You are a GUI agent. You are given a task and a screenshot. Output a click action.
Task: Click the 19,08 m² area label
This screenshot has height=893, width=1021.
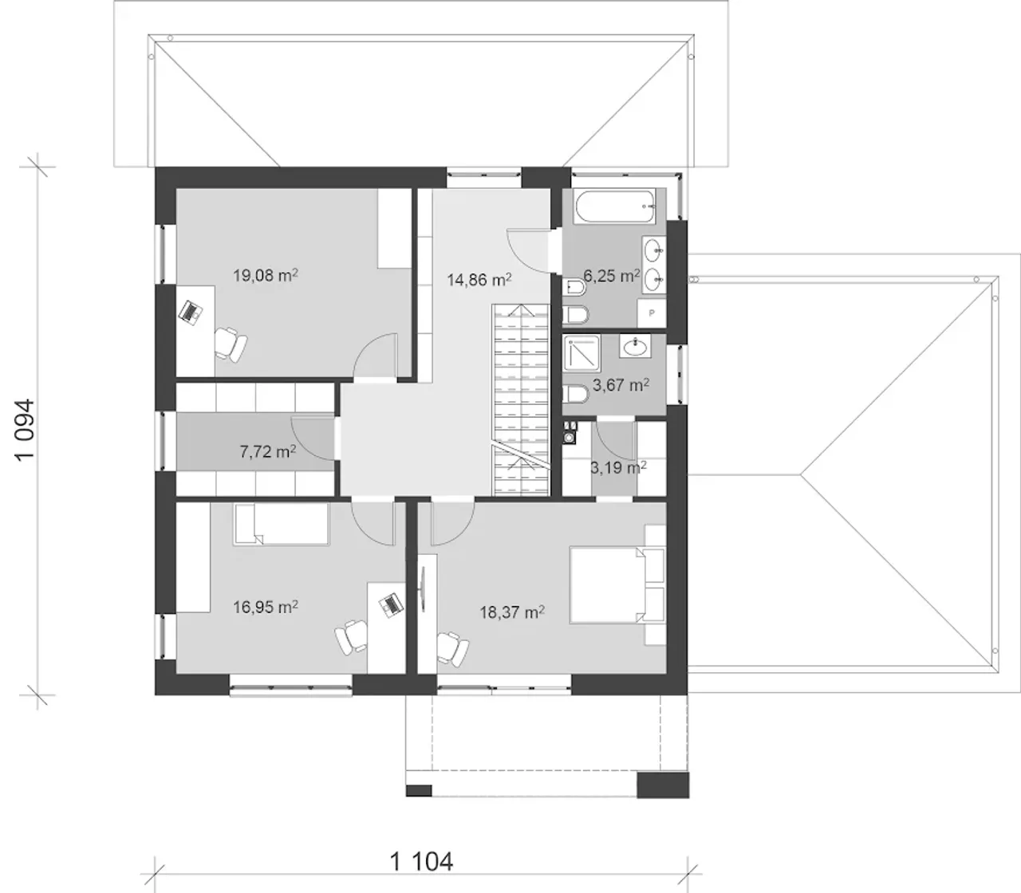pyautogui.click(x=266, y=275)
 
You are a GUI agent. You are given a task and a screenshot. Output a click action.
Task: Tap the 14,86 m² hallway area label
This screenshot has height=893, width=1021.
pyautogui.click(x=479, y=279)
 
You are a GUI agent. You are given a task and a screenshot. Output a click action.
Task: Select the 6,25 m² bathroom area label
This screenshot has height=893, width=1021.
pyautogui.click(x=612, y=275)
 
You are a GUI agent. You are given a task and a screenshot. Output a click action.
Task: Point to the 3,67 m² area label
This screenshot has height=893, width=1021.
pyautogui.click(x=621, y=384)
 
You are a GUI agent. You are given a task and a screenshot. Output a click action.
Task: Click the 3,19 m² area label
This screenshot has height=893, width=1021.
pyautogui.click(x=619, y=467)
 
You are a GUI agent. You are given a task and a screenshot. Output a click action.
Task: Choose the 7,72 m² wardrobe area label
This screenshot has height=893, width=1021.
pyautogui.click(x=268, y=451)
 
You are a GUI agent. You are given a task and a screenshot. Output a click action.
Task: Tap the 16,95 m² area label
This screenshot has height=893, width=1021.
pyautogui.click(x=266, y=607)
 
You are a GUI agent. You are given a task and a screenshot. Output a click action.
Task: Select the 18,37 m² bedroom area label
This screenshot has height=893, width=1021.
pyautogui.click(x=512, y=612)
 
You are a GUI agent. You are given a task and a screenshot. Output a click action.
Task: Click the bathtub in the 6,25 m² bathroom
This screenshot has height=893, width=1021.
pyautogui.click(x=616, y=207)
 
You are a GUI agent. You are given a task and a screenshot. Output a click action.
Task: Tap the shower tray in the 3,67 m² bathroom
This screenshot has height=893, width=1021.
pyautogui.click(x=581, y=354)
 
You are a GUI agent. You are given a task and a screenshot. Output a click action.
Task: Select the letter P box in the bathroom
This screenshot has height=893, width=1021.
pyautogui.click(x=652, y=313)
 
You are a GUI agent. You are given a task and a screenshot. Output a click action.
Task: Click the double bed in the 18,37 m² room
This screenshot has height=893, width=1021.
pyautogui.click(x=617, y=585)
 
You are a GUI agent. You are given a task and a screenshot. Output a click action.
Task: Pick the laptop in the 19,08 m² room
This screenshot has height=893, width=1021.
pyautogui.click(x=191, y=313)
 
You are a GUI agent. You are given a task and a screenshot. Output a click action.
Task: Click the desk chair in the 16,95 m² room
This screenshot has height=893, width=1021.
pyautogui.click(x=351, y=637)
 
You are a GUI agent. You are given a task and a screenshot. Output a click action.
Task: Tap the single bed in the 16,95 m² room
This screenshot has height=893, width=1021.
pyautogui.click(x=281, y=524)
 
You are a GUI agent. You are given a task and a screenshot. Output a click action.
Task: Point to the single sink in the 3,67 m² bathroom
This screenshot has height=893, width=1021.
pyautogui.click(x=635, y=346)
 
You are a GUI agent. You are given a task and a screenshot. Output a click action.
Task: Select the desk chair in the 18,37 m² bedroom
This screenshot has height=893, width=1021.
pyautogui.click(x=452, y=649)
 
